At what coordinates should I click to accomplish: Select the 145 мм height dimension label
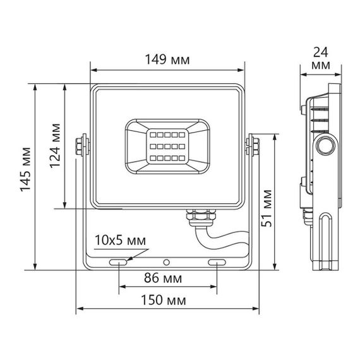(25, 174)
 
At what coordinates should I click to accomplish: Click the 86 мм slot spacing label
(167, 279)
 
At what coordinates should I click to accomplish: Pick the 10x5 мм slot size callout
(119, 240)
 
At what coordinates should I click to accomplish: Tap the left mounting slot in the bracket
(118, 262)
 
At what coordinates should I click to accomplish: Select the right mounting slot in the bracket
(217, 262)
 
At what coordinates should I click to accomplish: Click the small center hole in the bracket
(167, 261)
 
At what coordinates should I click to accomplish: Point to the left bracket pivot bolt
(81, 144)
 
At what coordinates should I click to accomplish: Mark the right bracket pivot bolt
(253, 144)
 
